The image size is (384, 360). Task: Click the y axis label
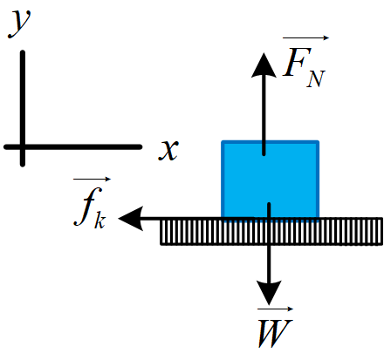click(x=19, y=24)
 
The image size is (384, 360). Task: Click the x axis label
click(x=168, y=150)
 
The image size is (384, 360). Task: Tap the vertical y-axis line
click(x=23, y=109)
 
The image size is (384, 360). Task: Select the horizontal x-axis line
click(x=73, y=147)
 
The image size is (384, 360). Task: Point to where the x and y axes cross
click(x=23, y=147)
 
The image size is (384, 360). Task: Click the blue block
click(x=271, y=180)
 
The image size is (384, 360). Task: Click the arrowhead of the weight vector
click(x=269, y=292)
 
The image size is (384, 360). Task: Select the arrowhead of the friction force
click(x=131, y=219)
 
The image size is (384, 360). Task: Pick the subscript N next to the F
click(x=316, y=79)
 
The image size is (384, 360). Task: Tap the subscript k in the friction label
click(x=100, y=221)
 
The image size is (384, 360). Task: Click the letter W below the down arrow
click(x=275, y=333)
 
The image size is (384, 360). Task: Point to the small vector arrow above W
click(x=275, y=309)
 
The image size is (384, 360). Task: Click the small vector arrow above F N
click(x=305, y=37)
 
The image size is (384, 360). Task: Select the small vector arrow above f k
click(x=93, y=180)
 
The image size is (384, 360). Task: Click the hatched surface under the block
click(x=271, y=232)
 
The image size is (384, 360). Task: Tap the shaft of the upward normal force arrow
click(x=264, y=116)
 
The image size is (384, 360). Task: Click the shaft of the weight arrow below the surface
click(x=269, y=263)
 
